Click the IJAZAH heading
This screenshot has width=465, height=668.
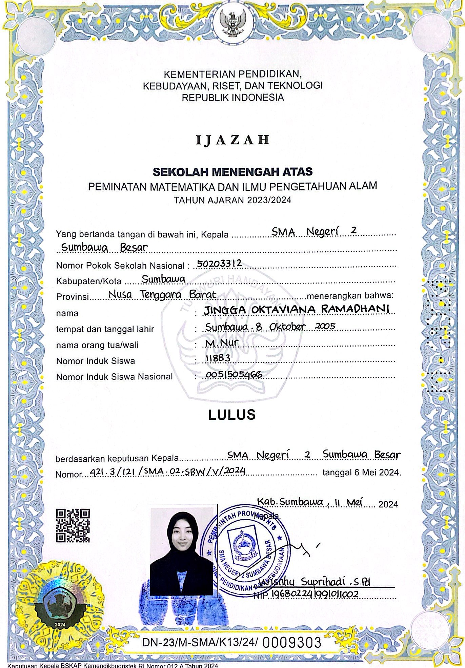(x=232, y=140)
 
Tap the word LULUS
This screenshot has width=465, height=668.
(x=232, y=415)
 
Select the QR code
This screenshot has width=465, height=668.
(x=73, y=525)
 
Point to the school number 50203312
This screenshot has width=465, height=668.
(x=219, y=263)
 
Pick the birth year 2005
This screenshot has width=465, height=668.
(x=325, y=326)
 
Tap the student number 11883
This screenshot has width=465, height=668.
(x=218, y=358)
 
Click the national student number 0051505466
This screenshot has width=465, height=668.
(x=234, y=374)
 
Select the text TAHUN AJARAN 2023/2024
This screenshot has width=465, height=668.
(x=232, y=200)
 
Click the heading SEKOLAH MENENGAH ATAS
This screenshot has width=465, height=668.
(x=232, y=172)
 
